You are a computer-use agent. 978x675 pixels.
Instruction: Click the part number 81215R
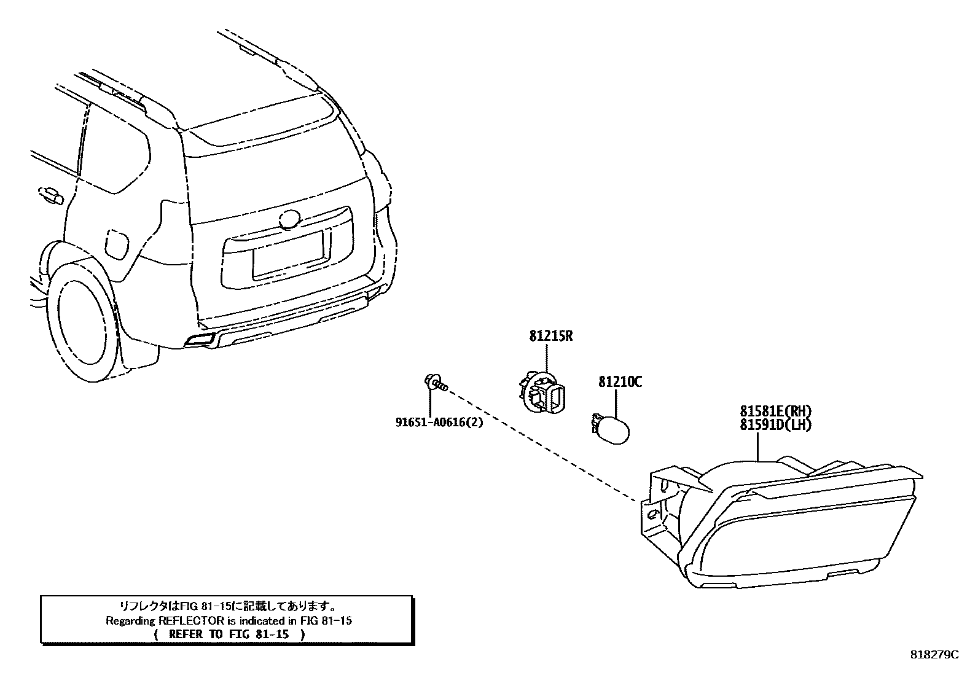click(x=550, y=337)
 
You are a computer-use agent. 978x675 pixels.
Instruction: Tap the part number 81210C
click(x=620, y=382)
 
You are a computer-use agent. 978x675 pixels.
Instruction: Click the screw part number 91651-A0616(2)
click(x=439, y=422)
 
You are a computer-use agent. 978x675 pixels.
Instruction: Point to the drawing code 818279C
click(x=934, y=655)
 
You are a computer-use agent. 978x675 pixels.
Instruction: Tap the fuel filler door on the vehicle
click(x=117, y=244)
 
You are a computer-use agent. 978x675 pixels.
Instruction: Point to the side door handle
click(x=51, y=195)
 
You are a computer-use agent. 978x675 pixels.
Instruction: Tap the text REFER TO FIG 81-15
click(x=229, y=634)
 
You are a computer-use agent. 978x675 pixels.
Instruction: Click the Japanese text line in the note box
click(x=227, y=607)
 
